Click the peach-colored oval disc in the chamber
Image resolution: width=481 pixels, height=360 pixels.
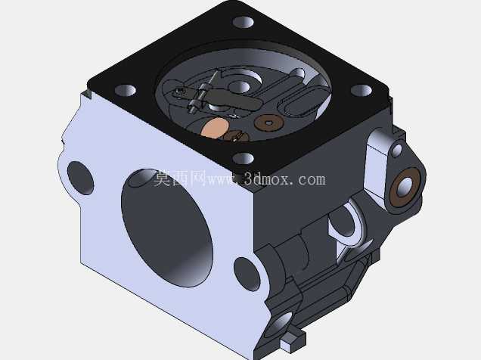(x=215, y=128)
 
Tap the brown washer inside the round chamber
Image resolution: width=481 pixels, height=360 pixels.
(x=268, y=123)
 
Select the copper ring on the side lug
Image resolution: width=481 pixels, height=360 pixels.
(x=405, y=187)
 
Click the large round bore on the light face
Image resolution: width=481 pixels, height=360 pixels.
(x=167, y=228)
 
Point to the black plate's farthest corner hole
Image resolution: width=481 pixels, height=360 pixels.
(x=244, y=23)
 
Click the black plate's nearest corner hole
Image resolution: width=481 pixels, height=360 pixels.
(x=244, y=159)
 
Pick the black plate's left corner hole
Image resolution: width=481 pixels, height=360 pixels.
(x=126, y=90)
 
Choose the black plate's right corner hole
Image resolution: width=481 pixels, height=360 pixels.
(x=362, y=90)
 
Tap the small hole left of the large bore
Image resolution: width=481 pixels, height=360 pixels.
(x=80, y=178)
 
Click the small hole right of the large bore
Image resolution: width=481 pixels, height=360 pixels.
(x=247, y=274)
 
